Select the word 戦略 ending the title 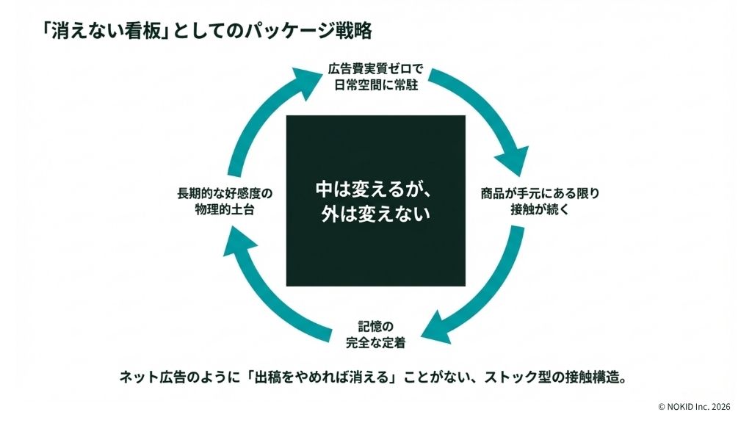point(353,31)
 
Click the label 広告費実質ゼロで point(375,68)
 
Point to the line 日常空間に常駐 point(375,85)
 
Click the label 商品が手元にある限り point(540,193)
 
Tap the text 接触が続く point(540,209)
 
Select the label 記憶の point(375,327)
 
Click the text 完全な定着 point(375,343)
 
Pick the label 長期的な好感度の point(225,193)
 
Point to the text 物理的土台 point(225,209)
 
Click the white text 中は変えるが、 point(375,189)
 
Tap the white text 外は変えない point(375,214)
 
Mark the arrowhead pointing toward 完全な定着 point(438,328)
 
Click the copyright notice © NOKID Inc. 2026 point(694,407)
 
